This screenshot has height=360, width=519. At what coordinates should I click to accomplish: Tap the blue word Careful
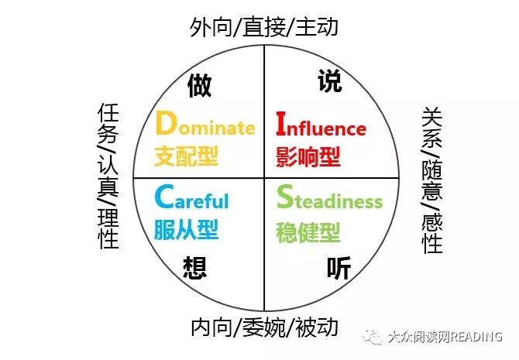tap(191, 200)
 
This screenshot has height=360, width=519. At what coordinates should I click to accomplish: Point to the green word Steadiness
tap(329, 200)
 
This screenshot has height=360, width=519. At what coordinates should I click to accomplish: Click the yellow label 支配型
tap(186, 157)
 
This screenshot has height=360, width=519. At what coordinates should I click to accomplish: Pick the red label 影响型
tap(308, 157)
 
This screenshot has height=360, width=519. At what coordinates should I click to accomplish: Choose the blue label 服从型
tap(186, 229)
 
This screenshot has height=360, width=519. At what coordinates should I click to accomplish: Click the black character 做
tap(199, 85)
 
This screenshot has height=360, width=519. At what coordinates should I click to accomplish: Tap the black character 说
tap(331, 81)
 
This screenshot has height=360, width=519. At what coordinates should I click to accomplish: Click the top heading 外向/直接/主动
tap(264, 28)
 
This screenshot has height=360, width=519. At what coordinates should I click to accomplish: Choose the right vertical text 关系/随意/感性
tap(431, 180)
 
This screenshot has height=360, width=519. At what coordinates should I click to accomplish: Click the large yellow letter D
tap(165, 124)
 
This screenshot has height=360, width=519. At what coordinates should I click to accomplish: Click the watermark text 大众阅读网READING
tap(444, 337)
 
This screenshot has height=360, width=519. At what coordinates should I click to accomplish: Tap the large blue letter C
tap(163, 197)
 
